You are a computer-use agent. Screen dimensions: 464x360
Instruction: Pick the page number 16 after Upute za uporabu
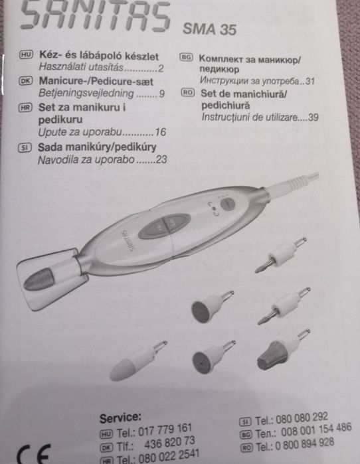point(159,131)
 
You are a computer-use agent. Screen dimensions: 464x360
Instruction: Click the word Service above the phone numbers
point(120,418)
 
